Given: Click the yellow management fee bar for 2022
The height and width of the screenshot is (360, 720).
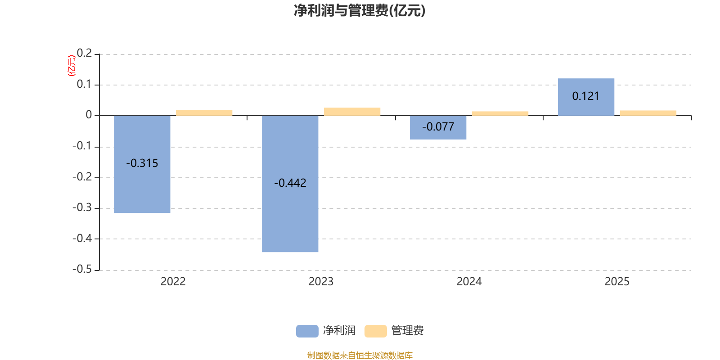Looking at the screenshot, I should (204, 112).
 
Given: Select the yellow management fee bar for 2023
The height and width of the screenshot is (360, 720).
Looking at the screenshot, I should (352, 112).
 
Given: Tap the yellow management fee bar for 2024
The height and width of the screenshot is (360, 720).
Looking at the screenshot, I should (500, 113).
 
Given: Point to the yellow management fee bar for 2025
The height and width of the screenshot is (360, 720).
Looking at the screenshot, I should (648, 113).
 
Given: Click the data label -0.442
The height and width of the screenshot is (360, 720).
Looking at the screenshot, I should (290, 183).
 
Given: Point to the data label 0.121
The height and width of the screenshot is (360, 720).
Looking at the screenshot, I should (586, 96).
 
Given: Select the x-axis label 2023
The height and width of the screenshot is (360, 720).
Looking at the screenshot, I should (321, 282).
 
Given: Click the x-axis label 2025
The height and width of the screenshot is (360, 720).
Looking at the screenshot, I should (616, 282).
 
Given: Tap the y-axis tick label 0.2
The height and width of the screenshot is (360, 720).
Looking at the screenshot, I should (84, 54).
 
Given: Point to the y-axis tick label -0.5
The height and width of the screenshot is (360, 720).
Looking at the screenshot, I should (82, 269).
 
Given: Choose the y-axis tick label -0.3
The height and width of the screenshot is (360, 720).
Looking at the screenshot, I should (82, 208).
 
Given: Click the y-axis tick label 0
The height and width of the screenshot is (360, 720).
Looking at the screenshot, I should (89, 115).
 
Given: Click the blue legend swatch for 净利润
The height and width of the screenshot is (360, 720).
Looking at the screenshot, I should (307, 331).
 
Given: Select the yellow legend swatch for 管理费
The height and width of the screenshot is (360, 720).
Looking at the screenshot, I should (375, 331).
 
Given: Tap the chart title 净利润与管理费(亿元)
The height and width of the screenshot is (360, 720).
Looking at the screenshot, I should (360, 10).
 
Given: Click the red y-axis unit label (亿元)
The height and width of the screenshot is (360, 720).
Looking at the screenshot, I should (71, 66).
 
